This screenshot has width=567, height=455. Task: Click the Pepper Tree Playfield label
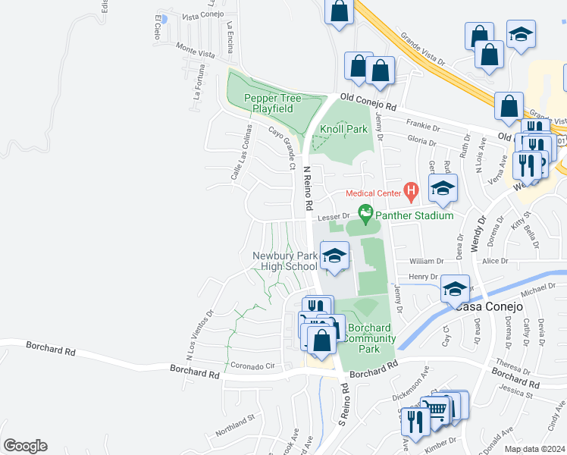click(272, 103)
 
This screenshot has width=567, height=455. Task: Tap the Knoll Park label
click(343, 129)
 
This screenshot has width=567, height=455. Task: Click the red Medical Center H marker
click(411, 192)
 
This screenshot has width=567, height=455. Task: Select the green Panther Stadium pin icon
click(366, 215)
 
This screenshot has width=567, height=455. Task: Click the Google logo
click(24, 446)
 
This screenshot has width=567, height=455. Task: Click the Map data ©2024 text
click(534, 449)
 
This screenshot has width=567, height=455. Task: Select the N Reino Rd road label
click(308, 190)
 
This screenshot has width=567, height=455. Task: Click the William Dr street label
click(424, 261)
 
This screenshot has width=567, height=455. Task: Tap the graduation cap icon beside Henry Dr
click(456, 289)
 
